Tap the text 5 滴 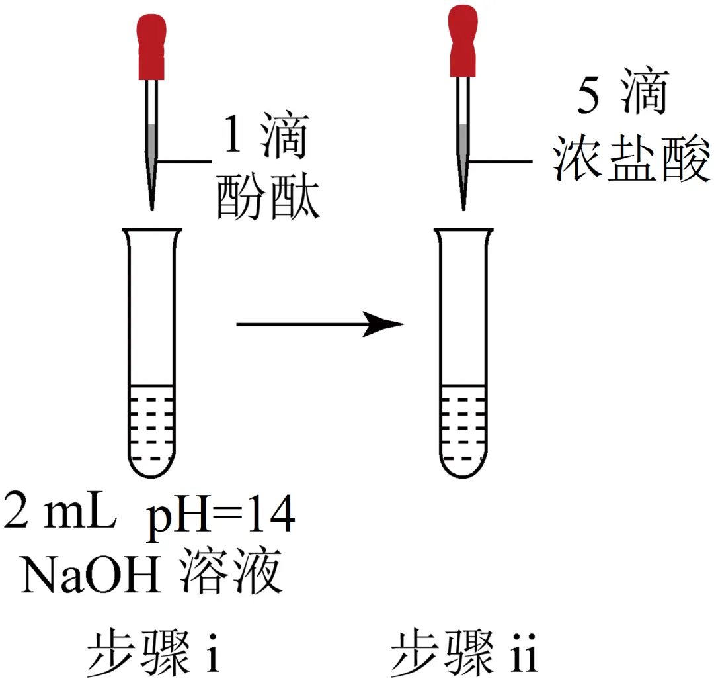pos(621,95)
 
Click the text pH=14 pos(219,516)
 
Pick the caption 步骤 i pos(153,651)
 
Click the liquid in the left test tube pos(153,427)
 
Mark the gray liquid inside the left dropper pos(152,142)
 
